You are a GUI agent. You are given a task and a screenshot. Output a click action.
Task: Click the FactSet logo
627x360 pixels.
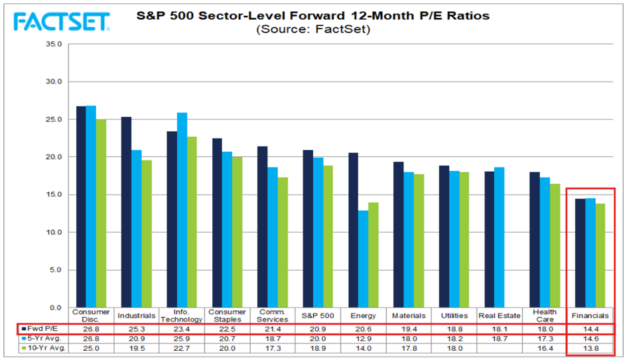[x=62, y=22]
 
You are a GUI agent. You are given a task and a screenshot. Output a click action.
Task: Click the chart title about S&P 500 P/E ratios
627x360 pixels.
[x=313, y=16]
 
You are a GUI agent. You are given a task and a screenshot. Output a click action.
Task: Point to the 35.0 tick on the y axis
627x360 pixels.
[x=54, y=44]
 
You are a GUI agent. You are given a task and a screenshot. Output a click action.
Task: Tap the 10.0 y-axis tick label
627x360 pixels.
[x=54, y=232]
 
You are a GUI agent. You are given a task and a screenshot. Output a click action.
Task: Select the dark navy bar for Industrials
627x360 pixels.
[x=126, y=212]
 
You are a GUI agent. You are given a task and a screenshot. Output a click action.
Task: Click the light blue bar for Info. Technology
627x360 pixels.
[x=182, y=210]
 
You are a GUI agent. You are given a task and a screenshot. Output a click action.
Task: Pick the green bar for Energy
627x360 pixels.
[x=373, y=255]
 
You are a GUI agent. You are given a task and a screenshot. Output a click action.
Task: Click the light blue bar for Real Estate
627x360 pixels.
[x=499, y=237]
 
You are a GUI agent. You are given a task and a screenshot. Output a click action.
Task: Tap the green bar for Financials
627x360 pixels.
[x=600, y=256]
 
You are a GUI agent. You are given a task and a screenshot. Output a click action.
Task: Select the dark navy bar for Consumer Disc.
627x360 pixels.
[x=81, y=207]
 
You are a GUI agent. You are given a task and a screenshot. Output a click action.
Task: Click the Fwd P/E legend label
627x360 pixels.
[x=42, y=329]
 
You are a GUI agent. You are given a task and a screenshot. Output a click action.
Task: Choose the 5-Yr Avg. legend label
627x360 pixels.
[x=44, y=338]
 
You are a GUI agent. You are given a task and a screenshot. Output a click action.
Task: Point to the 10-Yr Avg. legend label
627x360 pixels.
[x=46, y=348]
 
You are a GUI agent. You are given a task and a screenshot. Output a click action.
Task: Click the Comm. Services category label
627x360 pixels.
[x=272, y=316]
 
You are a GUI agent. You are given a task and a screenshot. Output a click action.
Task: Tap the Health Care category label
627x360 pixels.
[x=545, y=316]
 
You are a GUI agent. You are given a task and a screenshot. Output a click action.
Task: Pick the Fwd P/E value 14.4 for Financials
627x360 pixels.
[x=591, y=330]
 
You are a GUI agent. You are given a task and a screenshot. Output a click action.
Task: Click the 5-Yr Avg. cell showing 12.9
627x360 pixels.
[x=364, y=339]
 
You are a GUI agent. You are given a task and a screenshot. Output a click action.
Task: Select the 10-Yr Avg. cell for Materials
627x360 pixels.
[x=409, y=349]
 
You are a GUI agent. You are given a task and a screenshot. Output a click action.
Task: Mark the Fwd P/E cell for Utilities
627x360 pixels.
[x=454, y=330]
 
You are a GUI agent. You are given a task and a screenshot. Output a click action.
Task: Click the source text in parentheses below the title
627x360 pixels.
[x=313, y=29]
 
